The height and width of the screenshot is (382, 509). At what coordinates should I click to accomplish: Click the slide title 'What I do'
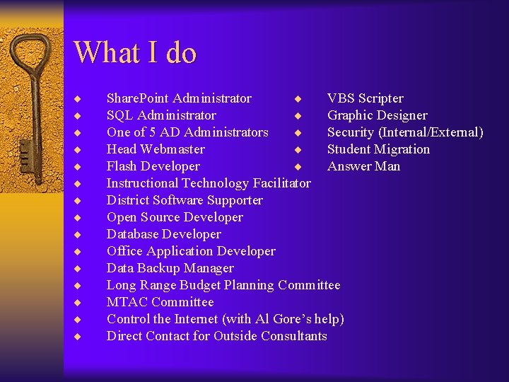(x=134, y=52)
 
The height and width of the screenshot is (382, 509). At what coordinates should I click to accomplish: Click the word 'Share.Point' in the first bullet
(x=138, y=98)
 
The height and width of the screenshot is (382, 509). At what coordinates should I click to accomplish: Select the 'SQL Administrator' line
(x=161, y=115)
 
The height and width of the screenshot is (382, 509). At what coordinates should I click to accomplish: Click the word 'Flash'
(x=122, y=166)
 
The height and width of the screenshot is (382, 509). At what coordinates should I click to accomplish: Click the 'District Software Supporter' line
(x=185, y=200)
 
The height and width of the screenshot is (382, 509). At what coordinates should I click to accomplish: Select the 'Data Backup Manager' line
(x=170, y=268)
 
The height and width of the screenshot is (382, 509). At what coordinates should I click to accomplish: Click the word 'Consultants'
(x=293, y=336)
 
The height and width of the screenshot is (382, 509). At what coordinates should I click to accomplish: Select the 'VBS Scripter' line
(x=365, y=98)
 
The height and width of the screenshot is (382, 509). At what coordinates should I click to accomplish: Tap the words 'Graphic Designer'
(x=378, y=115)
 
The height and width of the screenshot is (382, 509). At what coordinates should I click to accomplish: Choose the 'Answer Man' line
(x=363, y=166)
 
